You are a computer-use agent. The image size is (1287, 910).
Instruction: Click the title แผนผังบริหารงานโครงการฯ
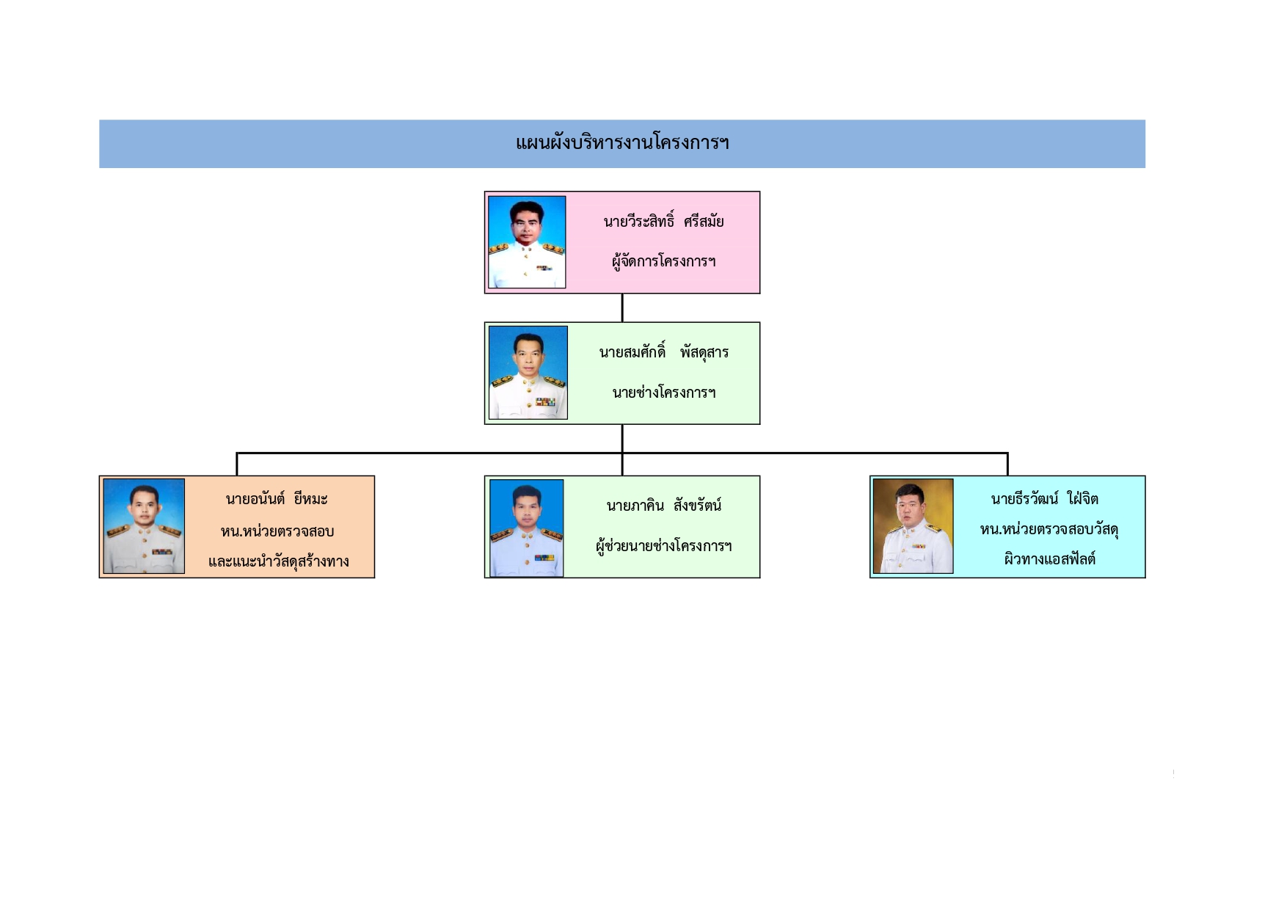(622, 142)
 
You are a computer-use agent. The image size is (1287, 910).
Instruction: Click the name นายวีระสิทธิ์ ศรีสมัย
(663, 221)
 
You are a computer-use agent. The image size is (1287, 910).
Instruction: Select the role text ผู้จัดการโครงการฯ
(663, 261)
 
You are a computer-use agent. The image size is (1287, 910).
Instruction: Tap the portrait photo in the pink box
(527, 241)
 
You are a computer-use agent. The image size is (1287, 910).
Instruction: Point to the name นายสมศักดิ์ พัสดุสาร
(663, 352)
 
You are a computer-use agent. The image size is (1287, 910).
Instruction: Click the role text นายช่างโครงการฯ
(663, 392)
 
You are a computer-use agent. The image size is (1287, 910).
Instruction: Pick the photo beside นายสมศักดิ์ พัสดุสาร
(528, 372)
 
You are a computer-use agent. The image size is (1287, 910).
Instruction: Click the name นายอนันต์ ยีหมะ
(277, 499)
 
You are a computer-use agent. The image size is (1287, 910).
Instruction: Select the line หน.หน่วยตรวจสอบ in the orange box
(277, 531)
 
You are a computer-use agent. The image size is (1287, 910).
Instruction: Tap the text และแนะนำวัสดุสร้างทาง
(278, 561)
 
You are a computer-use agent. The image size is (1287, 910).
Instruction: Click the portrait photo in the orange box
(144, 525)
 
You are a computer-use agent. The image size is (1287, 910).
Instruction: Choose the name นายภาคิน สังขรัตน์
(663, 505)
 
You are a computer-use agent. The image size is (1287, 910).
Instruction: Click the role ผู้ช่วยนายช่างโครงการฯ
(663, 545)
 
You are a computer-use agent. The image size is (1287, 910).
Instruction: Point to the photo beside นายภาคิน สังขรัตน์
(526, 528)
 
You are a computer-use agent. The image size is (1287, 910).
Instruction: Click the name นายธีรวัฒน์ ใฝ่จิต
(1044, 499)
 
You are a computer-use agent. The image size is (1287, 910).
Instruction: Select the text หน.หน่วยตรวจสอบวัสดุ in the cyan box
(1049, 529)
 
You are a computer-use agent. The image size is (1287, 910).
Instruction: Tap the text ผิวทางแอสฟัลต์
(1049, 559)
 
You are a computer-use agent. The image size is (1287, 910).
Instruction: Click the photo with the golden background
(913, 525)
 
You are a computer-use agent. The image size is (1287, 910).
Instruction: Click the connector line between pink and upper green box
(622, 307)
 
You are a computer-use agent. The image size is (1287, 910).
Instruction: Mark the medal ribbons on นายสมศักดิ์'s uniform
(545, 402)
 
